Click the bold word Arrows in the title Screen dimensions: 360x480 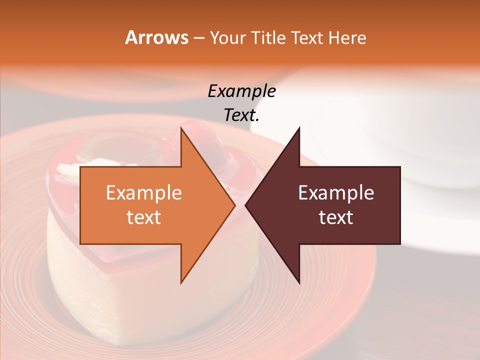tap(156, 37)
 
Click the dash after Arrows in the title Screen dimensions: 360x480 tap(198, 38)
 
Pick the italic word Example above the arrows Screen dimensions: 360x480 tap(241, 91)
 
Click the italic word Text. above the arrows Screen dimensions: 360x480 tap(241, 115)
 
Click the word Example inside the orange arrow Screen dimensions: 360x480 tap(144, 193)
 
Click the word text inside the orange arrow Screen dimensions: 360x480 tap(144, 217)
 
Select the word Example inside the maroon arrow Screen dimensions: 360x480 tap(336, 193)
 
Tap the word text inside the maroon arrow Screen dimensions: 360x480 tap(336, 217)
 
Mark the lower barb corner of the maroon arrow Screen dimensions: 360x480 tap(299, 283)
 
